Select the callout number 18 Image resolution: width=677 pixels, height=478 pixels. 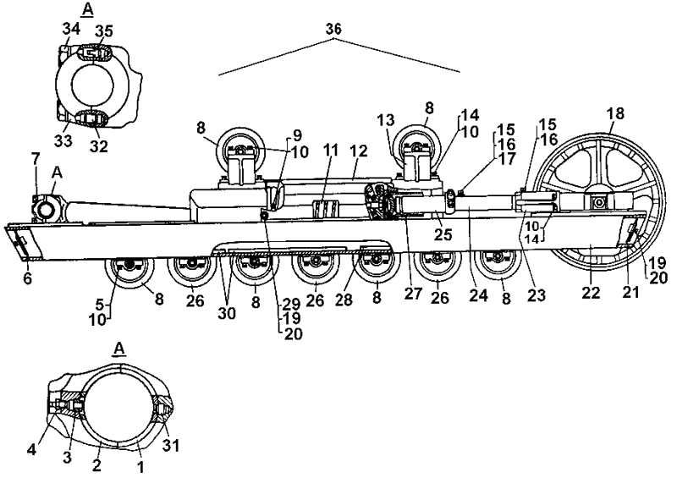(x=614, y=113)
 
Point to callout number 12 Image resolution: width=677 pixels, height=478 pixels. (x=360, y=150)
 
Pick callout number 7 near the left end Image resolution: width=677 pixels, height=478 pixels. (x=34, y=159)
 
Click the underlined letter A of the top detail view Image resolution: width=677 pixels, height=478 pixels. (x=85, y=10)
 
